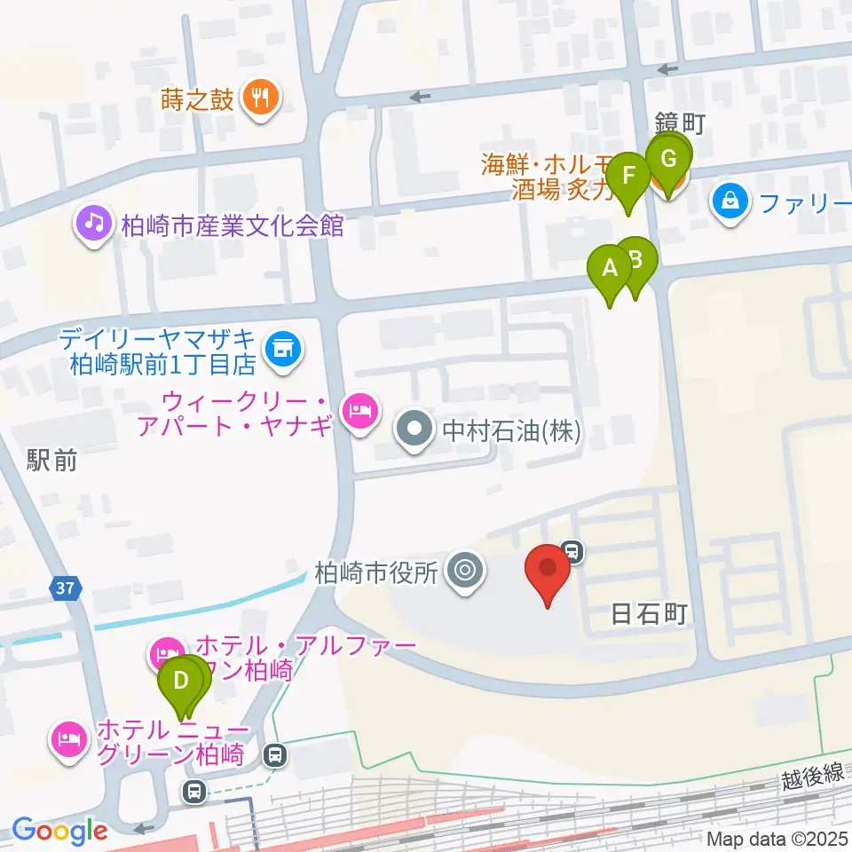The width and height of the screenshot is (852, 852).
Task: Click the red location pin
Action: click(x=548, y=573)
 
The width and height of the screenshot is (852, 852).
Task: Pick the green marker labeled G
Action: click(x=669, y=160)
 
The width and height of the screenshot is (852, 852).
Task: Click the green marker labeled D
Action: click(x=181, y=684)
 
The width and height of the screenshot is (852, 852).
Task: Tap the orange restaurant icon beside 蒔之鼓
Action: click(x=260, y=96)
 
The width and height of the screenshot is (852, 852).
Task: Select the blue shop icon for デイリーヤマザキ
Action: click(x=282, y=349)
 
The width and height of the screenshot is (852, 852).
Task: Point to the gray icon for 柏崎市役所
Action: click(x=465, y=569)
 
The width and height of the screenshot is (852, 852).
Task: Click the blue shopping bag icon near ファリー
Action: click(x=730, y=201)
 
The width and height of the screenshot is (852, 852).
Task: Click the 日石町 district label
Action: click(x=651, y=614)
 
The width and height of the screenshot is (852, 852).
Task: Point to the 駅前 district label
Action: click(x=51, y=459)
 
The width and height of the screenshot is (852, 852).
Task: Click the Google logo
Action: click(x=60, y=831)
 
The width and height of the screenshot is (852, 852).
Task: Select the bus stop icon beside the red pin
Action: click(x=573, y=554)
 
